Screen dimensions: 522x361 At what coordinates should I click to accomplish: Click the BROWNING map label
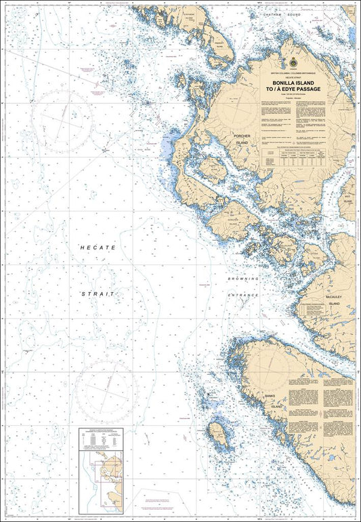244,279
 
